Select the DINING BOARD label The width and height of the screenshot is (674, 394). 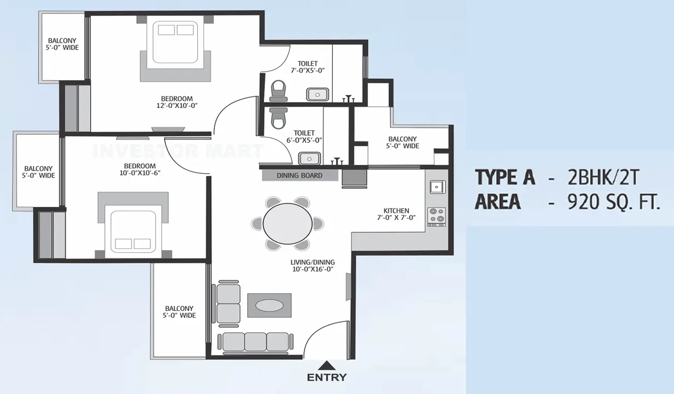(x=299, y=175)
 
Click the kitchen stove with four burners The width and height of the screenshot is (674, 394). (x=436, y=215)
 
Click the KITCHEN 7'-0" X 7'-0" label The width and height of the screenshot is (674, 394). (x=396, y=214)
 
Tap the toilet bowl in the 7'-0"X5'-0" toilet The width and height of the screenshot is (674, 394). (x=279, y=90)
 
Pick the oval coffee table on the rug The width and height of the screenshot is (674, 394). (x=269, y=305)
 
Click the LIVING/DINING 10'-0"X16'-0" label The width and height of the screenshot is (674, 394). (x=313, y=265)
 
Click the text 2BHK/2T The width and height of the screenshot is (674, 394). (x=604, y=178)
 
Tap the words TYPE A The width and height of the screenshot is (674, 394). (x=505, y=178)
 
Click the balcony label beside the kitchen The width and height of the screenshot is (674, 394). (x=402, y=143)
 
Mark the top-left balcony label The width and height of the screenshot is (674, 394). (x=63, y=44)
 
